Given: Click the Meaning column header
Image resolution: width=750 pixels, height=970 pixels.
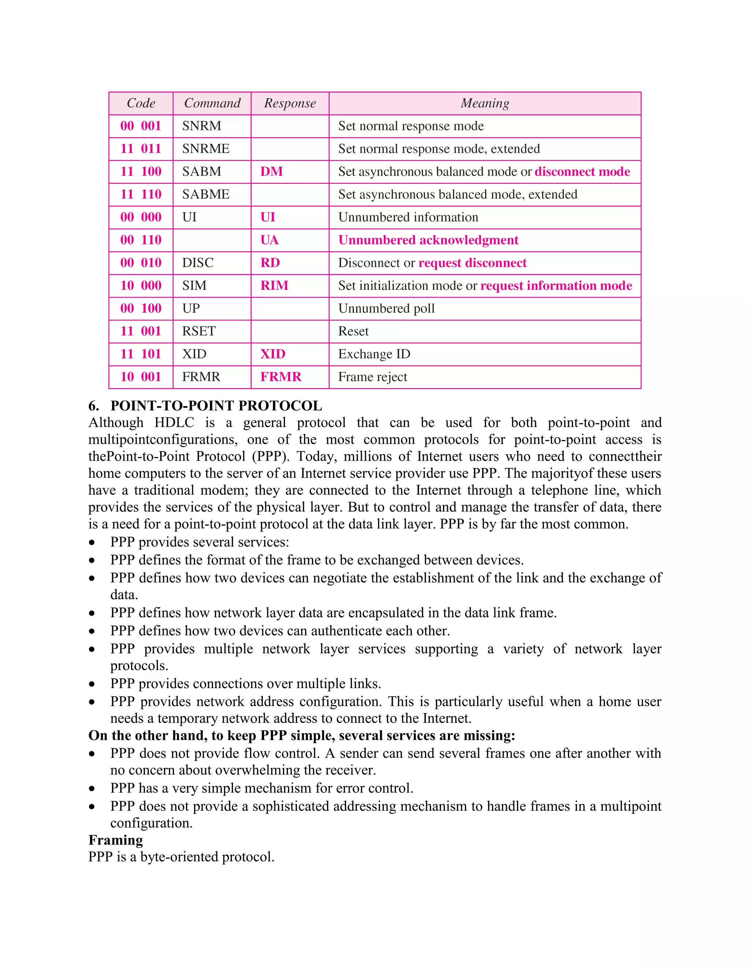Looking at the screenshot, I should pos(485,104).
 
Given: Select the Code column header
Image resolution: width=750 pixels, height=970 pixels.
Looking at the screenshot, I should pos(141,104).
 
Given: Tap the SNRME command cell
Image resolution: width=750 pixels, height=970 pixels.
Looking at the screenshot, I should pos(206,149).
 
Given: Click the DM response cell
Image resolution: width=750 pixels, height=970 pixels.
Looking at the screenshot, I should pos(271,171).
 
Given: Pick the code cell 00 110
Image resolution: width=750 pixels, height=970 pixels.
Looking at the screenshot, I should pos(141,240).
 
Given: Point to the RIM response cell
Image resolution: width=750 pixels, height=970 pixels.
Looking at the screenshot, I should pos(274,286).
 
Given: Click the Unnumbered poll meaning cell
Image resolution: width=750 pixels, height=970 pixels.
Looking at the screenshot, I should pos(386,308).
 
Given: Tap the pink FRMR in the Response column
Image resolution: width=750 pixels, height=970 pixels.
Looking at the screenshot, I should pos(281,377).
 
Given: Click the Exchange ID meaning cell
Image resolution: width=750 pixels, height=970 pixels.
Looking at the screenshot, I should pos(374,354).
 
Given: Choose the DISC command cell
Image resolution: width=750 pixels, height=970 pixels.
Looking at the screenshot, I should pos(198,263).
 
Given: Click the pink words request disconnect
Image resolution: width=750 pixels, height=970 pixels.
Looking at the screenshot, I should pos(472,263).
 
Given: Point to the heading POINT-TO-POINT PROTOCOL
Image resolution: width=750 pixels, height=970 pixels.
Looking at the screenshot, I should pos(216,406).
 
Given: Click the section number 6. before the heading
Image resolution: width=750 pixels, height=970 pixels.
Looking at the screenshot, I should pos(93,406).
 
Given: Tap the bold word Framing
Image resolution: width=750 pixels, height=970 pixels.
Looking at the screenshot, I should pos(115,840).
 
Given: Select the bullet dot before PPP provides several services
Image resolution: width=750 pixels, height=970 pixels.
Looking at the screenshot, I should pos(92,543).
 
